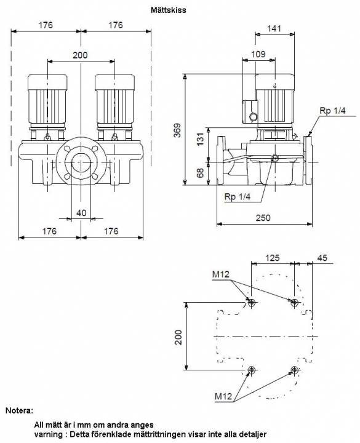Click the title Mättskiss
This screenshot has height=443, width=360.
pos(168,10)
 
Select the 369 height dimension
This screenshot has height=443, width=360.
pos(177,130)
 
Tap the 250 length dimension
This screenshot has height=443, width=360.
pos(263,218)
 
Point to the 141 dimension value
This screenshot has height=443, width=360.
pos(274,28)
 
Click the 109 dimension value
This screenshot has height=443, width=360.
pos(258,54)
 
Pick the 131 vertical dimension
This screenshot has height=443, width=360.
pos(201,139)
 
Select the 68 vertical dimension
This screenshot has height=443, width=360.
pos(201,173)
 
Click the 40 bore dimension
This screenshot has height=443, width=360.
pos(81,212)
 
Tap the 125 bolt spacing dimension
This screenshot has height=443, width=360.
pos(273,258)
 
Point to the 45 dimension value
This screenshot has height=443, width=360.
pos(322,258)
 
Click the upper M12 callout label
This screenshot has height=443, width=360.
pos(221,274)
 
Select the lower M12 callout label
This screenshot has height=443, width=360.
pos(223,396)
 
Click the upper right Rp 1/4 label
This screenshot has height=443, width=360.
pos(332,111)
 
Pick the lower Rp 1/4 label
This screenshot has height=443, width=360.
pos(238,197)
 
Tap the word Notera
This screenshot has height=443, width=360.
pos(19,410)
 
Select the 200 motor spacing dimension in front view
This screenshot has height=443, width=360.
pos(80,55)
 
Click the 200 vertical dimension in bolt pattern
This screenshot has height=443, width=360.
pos(178,337)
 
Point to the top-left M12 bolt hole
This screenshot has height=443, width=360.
pos(251,303)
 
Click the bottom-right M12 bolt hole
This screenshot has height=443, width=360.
pos(294,370)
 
